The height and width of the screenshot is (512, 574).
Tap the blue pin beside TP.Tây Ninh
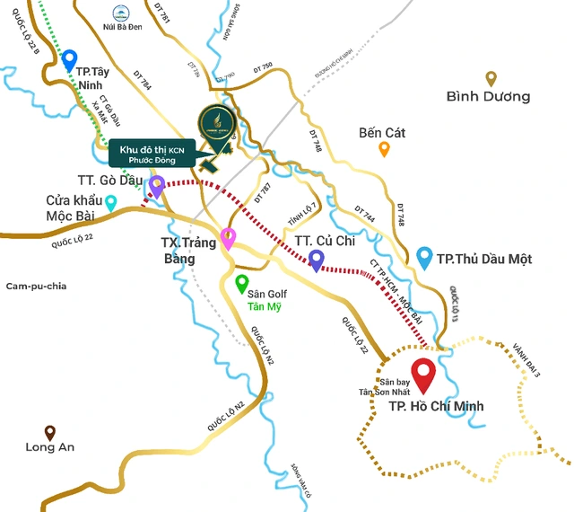[69, 61]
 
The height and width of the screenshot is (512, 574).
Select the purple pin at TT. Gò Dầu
[157, 187]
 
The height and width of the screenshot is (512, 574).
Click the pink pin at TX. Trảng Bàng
[229, 238]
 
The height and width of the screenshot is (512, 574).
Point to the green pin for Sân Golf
[241, 284]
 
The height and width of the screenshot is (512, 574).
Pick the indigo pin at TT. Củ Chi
[317, 260]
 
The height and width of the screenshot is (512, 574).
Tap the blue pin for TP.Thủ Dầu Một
[425, 258]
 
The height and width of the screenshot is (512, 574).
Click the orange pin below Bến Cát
[384, 149]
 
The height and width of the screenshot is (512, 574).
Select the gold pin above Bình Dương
[491, 78]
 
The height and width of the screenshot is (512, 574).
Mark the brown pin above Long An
[50, 432]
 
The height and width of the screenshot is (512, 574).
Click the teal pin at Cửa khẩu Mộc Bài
[111, 203]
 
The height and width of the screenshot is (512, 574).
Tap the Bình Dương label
[488, 97]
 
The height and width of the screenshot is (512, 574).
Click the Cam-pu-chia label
[37, 286]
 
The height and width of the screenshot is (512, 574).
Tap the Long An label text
[50, 447]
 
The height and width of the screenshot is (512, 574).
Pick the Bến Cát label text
[382, 133]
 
